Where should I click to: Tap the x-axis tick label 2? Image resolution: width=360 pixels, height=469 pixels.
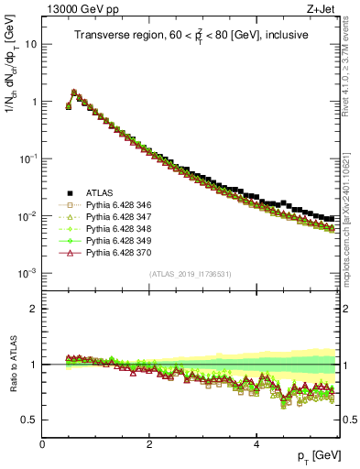click(x=149, y=443)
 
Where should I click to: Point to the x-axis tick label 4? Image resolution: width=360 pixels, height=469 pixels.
click(x=257, y=443)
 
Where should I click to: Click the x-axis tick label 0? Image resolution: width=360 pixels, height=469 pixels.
click(x=42, y=443)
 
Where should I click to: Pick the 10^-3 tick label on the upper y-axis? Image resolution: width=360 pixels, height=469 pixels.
click(x=27, y=273)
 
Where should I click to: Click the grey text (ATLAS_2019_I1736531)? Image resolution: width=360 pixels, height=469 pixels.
click(x=191, y=274)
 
